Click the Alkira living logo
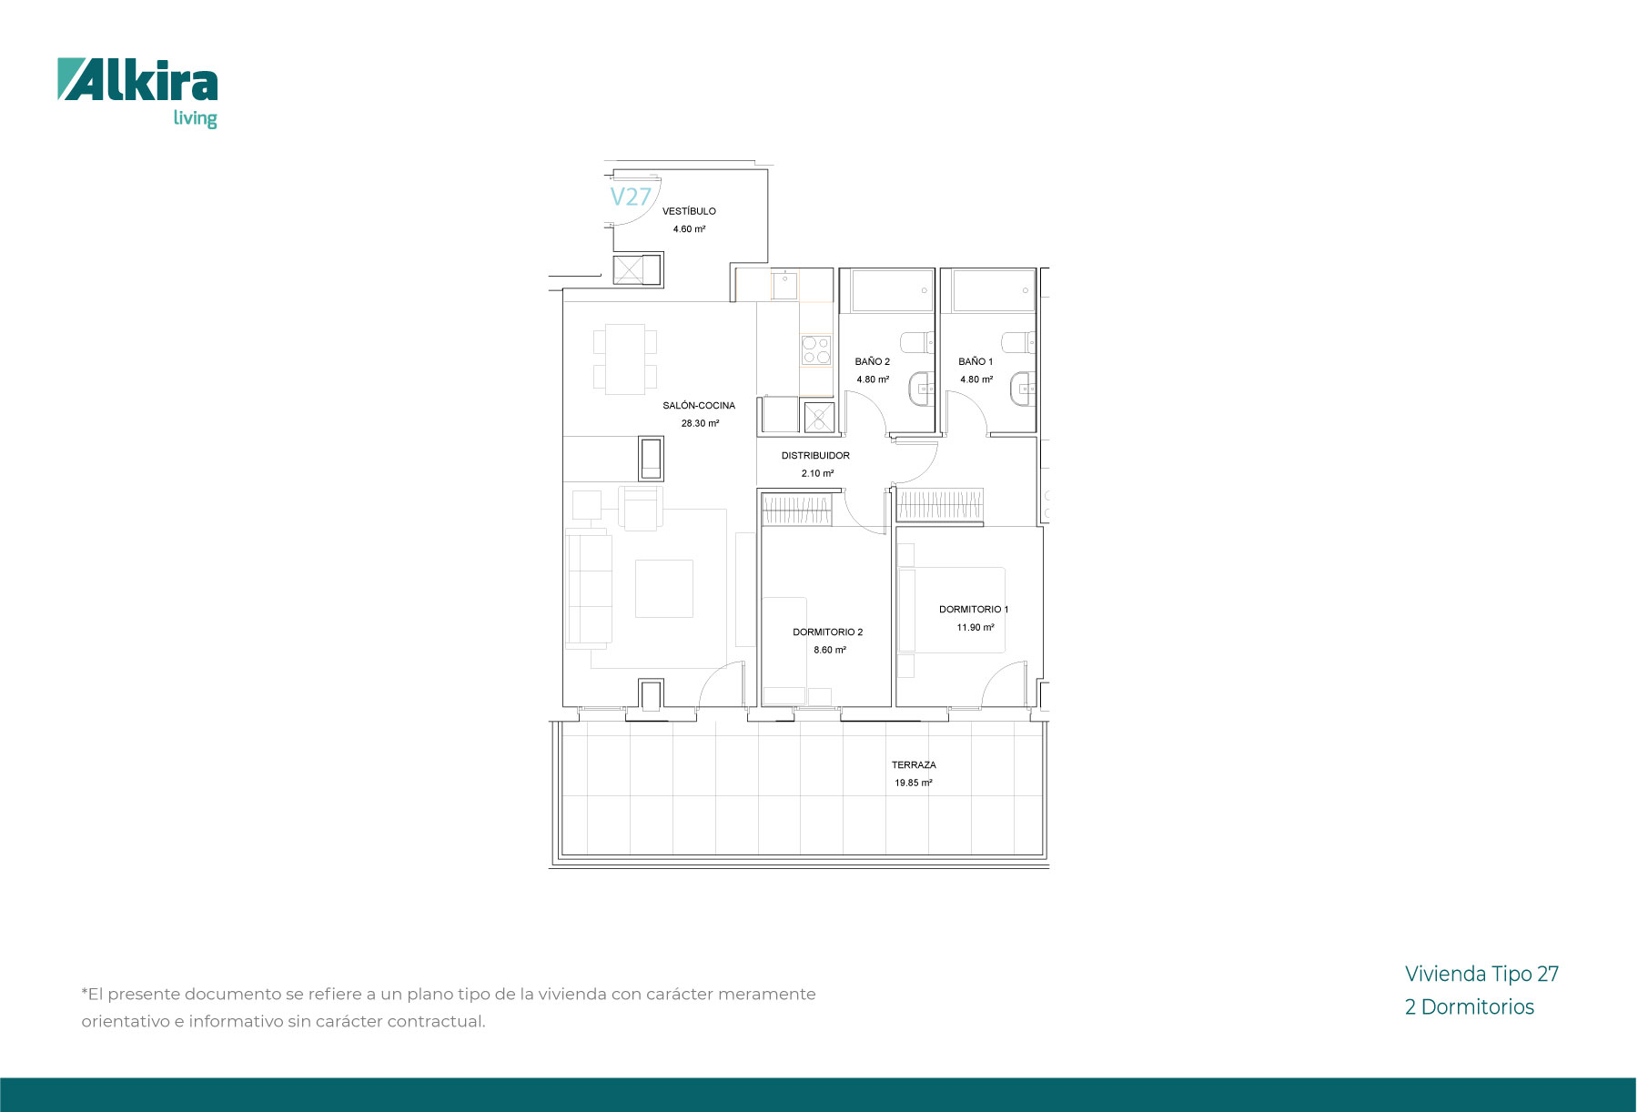137,93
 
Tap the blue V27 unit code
631,197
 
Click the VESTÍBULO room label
689,211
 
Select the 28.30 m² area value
700,423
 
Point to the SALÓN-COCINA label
699,406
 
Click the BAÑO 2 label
873,361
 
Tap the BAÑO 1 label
976,361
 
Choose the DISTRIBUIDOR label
815,456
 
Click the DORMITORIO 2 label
827,632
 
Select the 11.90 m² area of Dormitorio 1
975,627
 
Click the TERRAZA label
914,765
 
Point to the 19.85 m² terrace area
913,783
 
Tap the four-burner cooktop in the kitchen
816,350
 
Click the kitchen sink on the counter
784,286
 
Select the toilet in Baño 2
916,342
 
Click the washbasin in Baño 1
1023,389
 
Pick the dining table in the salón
625,359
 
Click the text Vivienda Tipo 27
1481,974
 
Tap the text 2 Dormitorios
1469,1006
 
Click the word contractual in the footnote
436,1021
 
